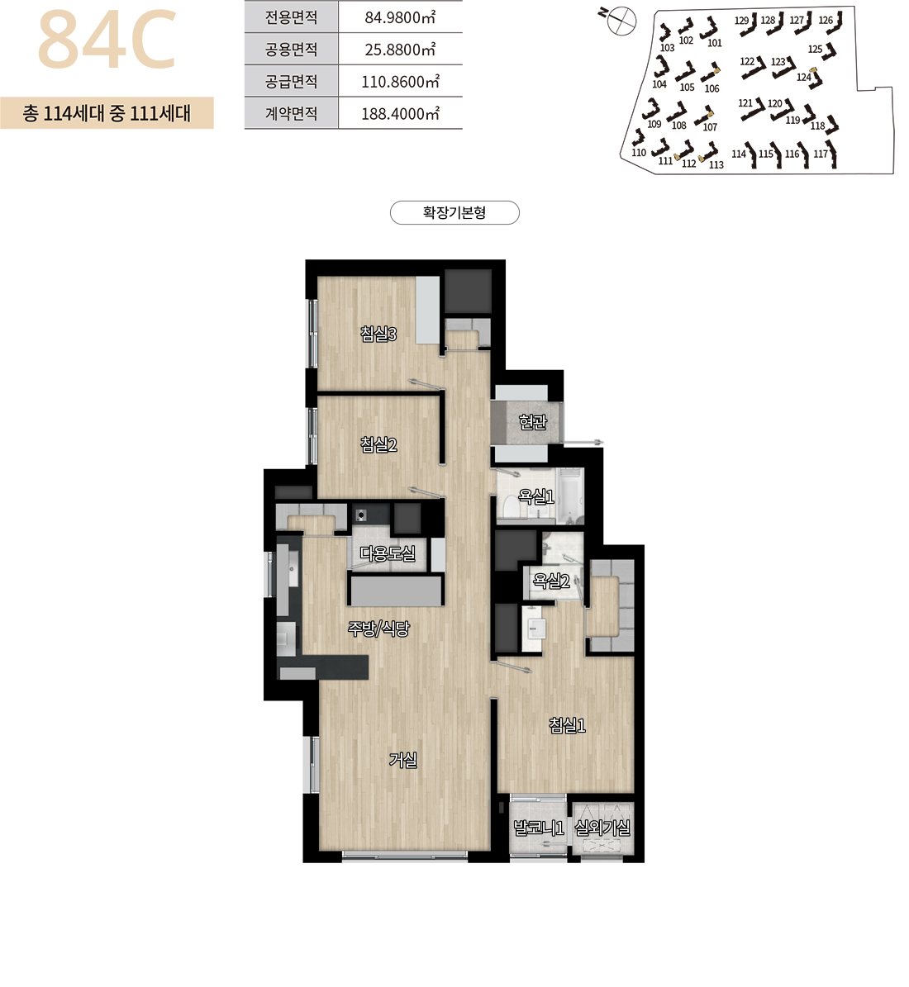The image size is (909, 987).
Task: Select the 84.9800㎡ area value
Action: point(400,17)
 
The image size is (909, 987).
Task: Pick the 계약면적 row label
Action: point(291,114)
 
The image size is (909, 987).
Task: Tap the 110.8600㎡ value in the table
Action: point(400,82)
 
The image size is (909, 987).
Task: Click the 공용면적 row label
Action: point(291,50)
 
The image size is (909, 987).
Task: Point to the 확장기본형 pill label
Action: point(454,213)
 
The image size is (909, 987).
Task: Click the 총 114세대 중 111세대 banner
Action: point(107,113)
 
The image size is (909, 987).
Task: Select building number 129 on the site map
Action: point(741,21)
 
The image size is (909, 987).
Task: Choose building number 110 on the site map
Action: point(639,152)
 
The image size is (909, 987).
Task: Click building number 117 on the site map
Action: point(821,154)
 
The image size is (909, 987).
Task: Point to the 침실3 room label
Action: point(378,334)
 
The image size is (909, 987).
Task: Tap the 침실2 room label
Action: point(378,445)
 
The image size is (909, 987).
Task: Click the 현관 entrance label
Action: point(533,421)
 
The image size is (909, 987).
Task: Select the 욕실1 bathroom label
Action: point(535,496)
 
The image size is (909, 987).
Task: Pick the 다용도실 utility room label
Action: point(388,554)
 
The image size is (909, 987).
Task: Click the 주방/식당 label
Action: point(378,629)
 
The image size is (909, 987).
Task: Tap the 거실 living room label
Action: point(403,761)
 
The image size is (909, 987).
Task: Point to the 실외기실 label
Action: point(603,828)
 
